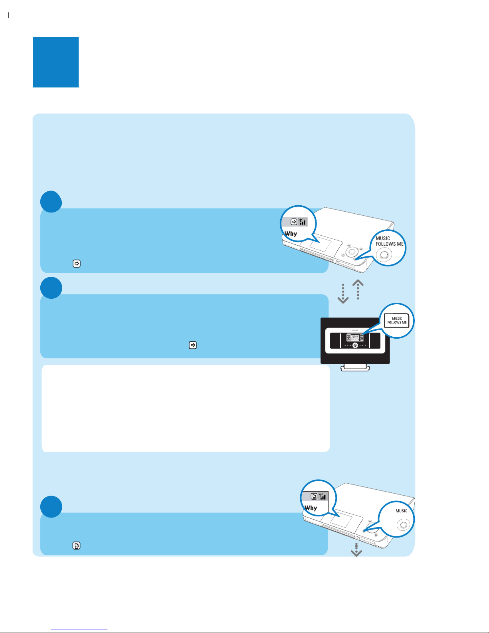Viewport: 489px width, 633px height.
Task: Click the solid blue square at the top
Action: pos(55,62)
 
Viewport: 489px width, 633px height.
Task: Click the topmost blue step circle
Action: pos(51,202)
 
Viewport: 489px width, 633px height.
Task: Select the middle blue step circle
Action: pos(51,288)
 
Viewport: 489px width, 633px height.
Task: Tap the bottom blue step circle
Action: pos(51,507)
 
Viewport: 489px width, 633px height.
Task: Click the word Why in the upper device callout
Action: pos(291,234)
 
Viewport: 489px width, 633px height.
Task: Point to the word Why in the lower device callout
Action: pos(311,508)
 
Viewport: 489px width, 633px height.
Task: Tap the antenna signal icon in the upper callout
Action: pos(302,222)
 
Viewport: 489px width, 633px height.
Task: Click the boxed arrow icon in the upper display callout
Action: pos(294,222)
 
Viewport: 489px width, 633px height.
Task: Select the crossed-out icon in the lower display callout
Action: pos(314,497)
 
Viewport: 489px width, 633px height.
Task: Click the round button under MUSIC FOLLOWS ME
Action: pos(384,254)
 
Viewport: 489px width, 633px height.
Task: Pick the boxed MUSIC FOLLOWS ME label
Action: pos(397,320)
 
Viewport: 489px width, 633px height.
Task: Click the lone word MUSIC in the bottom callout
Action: pos(401,511)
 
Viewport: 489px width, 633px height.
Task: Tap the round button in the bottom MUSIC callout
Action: pos(404,524)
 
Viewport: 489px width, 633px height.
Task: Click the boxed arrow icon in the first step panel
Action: pos(77,264)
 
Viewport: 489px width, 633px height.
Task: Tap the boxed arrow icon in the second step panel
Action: pos(193,345)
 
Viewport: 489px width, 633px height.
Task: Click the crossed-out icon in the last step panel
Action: pos(77,546)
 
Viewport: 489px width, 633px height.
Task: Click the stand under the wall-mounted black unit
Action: pos(355,367)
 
